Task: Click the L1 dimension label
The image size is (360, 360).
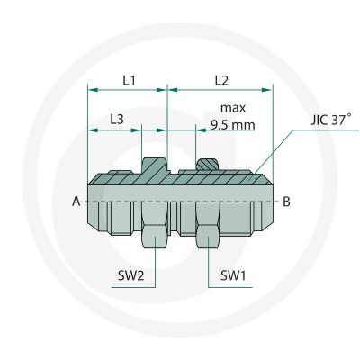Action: pyautogui.click(x=130, y=80)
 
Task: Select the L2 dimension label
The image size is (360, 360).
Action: pyautogui.click(x=221, y=80)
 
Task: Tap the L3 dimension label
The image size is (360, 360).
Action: pyautogui.click(x=117, y=120)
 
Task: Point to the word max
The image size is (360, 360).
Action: pyautogui.click(x=233, y=108)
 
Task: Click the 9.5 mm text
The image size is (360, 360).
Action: pyautogui.click(x=233, y=124)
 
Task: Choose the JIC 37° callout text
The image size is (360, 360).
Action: pyautogui.click(x=331, y=120)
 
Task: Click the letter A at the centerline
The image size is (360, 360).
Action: pyautogui.click(x=76, y=202)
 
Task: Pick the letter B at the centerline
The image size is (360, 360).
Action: pyautogui.click(x=286, y=202)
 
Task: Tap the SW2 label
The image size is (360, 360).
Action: pyautogui.click(x=130, y=275)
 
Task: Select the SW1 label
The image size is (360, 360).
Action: pyautogui.click(x=233, y=275)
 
